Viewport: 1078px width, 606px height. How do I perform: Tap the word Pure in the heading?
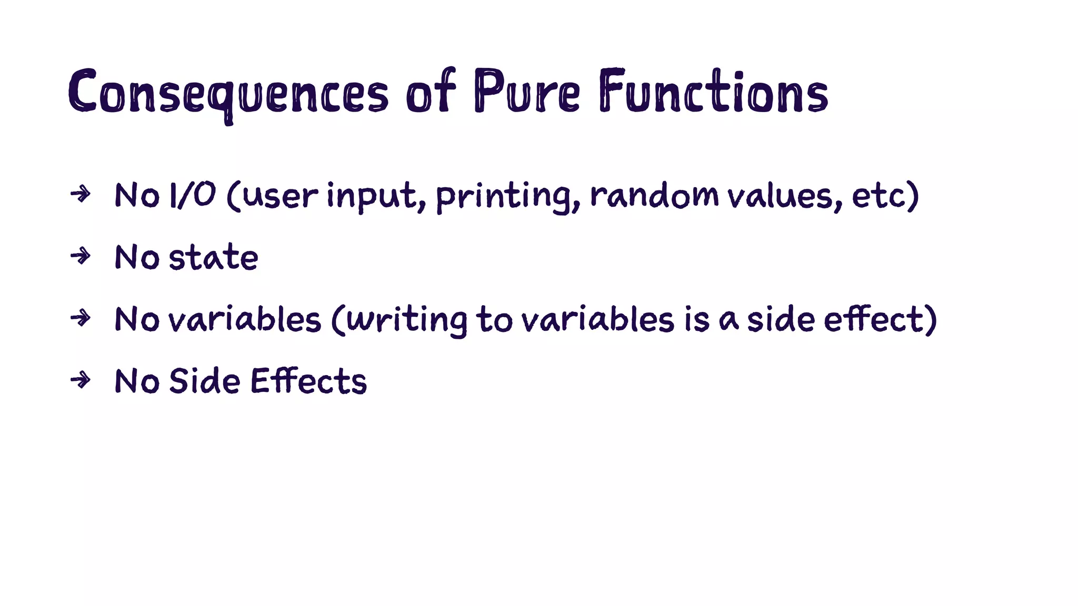[x=526, y=92]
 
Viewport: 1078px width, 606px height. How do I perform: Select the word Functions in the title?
[x=713, y=92]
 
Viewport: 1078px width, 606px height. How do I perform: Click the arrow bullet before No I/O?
[x=81, y=194]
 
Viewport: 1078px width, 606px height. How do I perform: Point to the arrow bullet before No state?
[x=81, y=256]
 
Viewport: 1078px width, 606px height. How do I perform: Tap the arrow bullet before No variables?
[x=81, y=318]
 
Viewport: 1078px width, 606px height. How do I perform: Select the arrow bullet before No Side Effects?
[x=81, y=379]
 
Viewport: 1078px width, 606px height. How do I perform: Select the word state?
[x=213, y=257]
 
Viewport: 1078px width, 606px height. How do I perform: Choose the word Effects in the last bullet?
[x=308, y=381]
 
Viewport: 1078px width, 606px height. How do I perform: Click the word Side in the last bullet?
[x=204, y=381]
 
